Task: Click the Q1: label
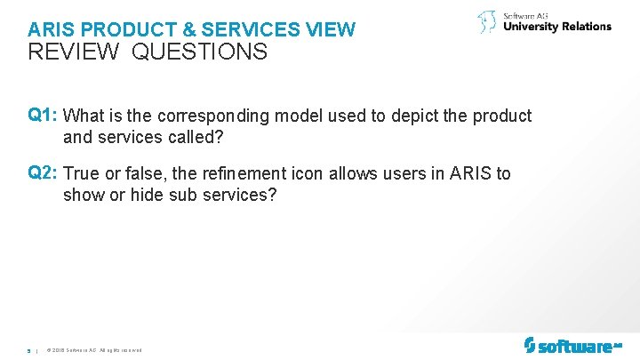click(44, 116)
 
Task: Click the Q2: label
click(44, 173)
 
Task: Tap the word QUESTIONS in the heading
click(200, 52)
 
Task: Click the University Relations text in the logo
click(557, 27)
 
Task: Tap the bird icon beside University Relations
click(487, 21)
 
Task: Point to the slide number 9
click(29, 349)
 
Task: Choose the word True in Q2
click(83, 174)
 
